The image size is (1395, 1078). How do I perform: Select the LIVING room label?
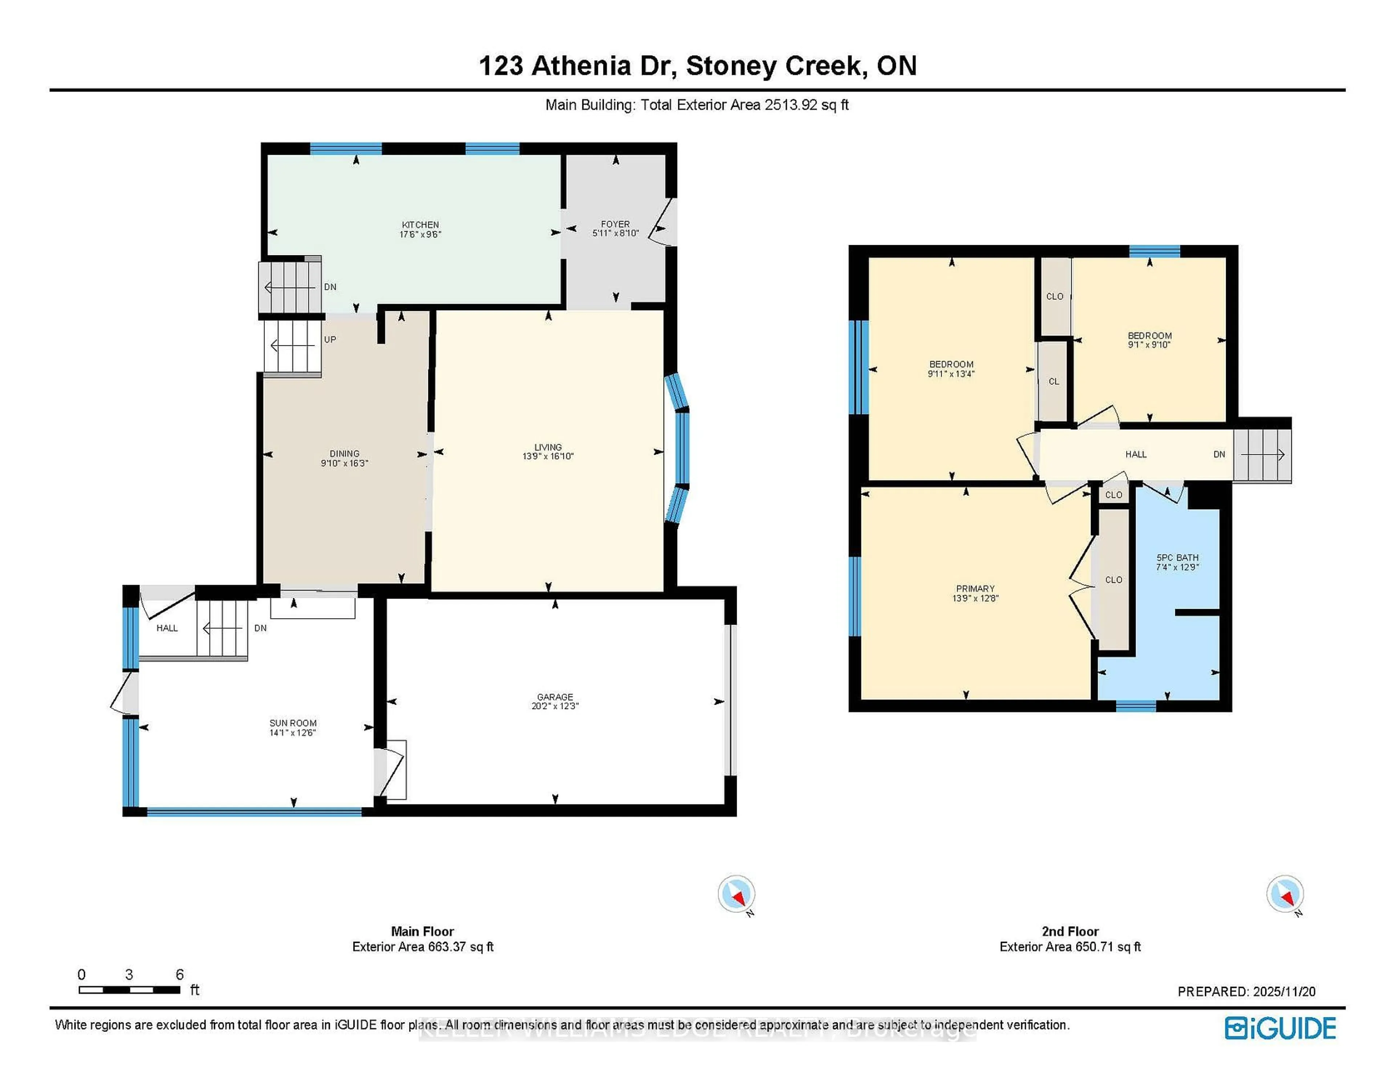548,447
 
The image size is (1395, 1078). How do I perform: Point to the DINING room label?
344,453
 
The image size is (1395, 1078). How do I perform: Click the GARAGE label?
554,697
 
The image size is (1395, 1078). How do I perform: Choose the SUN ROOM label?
292,723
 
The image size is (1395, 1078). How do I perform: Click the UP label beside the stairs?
329,340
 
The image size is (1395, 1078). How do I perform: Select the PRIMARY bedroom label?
975,589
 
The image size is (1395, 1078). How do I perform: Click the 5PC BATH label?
1177,558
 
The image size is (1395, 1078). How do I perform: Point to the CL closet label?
1054,381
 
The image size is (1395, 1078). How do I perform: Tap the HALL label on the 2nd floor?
1136,455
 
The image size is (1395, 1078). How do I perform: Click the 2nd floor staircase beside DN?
1262,455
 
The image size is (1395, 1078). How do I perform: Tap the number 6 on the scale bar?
179,974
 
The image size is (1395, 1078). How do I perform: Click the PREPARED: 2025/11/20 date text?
1246,992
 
